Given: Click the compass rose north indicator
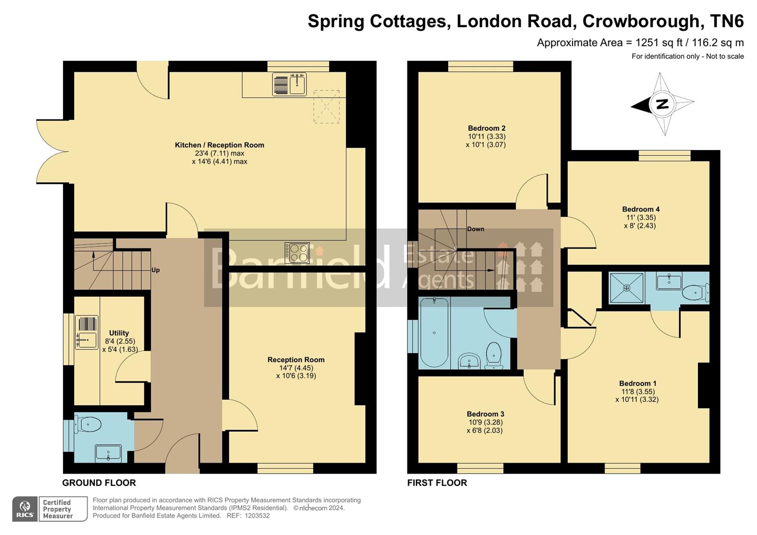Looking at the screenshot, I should click(x=662, y=105).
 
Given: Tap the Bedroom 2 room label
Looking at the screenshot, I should click(x=486, y=128).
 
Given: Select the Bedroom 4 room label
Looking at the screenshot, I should click(x=641, y=209).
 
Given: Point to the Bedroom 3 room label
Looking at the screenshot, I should click(x=485, y=414).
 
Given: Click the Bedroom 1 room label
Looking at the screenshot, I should click(x=638, y=383).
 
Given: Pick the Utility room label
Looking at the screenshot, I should click(x=119, y=333).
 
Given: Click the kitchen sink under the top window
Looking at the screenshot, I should click(x=290, y=84).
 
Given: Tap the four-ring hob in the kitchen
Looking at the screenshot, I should click(x=297, y=253).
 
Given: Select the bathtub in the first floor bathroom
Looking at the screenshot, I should click(x=434, y=332).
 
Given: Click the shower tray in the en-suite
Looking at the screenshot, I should click(x=627, y=287).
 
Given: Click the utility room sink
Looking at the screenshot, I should click(x=87, y=332).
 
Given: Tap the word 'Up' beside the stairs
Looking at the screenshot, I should click(x=156, y=270).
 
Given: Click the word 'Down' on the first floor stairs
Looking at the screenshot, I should click(x=475, y=229).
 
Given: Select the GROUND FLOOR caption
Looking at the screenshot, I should click(x=99, y=483).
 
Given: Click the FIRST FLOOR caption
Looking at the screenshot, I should click(x=437, y=483).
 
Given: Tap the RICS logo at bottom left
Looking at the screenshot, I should click(x=25, y=509).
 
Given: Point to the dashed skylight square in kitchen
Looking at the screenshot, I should click(x=326, y=107).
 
